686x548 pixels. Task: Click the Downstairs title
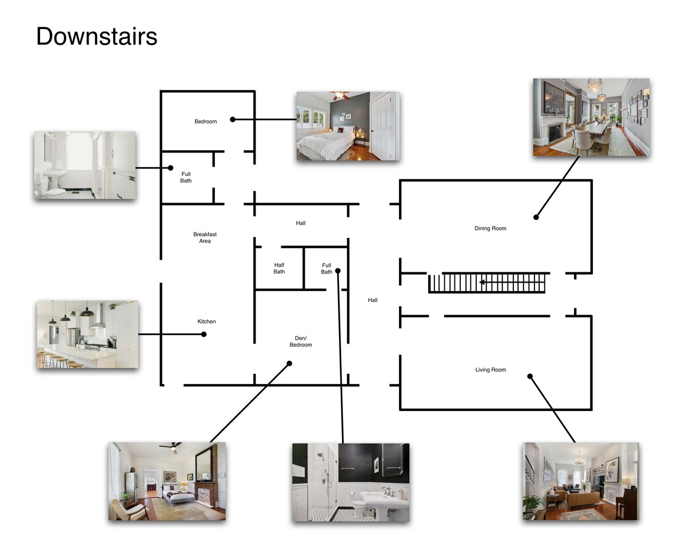tap(97, 37)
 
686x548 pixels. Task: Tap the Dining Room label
tap(490, 228)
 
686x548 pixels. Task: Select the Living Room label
tap(490, 370)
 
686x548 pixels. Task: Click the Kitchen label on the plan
tap(206, 321)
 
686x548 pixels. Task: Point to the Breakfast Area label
tap(205, 237)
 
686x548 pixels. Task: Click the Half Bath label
tap(279, 268)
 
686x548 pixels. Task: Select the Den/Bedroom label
tap(301, 341)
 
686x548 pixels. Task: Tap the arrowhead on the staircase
tap(482, 282)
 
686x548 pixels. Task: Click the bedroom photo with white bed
tap(348, 126)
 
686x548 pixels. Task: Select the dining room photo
tap(591, 117)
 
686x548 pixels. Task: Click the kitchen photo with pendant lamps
tap(87, 335)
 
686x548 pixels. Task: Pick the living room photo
tap(581, 481)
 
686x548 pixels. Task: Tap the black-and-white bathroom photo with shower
tap(351, 482)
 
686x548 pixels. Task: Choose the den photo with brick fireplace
tap(167, 481)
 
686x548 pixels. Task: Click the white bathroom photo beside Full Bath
tap(85, 165)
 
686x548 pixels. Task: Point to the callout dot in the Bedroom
tap(233, 119)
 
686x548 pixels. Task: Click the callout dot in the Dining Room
tap(536, 217)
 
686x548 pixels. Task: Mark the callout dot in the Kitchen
tap(204, 335)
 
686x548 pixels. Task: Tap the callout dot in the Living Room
tap(530, 376)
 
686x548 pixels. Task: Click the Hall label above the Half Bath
tap(301, 223)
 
